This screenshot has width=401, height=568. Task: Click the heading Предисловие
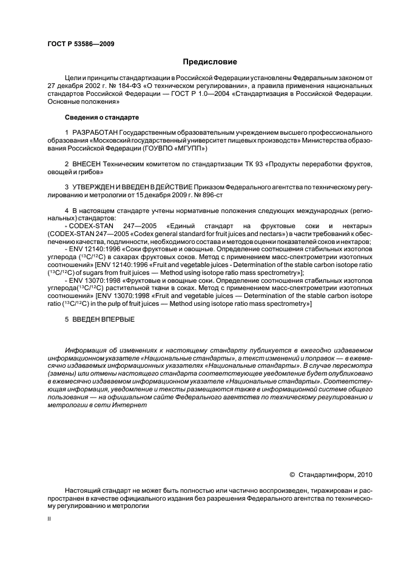pos(210,61)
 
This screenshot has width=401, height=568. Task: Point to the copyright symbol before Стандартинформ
pos(292,475)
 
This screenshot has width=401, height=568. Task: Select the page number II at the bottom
pos(49,519)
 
